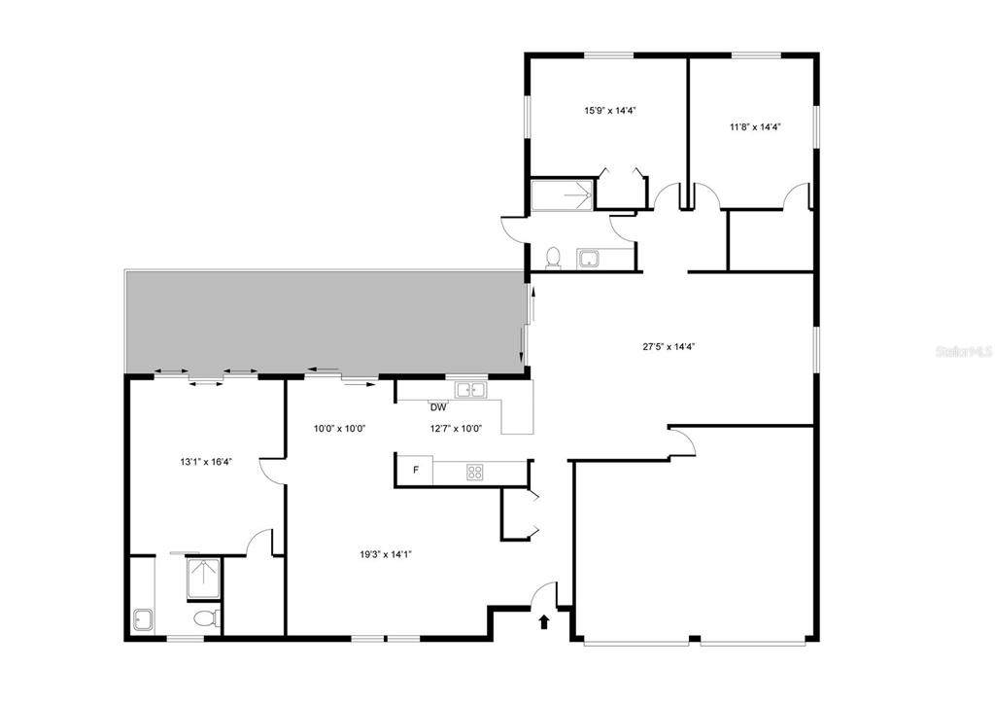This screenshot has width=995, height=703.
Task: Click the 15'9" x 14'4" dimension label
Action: (x=610, y=111)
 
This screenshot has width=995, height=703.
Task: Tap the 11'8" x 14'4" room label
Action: (x=754, y=127)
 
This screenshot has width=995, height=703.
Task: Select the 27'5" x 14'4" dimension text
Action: (x=669, y=347)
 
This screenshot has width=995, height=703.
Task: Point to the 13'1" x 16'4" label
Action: (x=206, y=462)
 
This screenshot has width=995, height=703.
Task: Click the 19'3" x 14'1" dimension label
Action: (x=386, y=554)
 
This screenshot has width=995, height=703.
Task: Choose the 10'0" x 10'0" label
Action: (x=339, y=429)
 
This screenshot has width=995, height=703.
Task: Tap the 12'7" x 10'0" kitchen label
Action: (x=457, y=429)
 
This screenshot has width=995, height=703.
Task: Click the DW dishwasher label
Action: (x=438, y=407)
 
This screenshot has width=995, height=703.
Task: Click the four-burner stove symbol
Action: (x=474, y=472)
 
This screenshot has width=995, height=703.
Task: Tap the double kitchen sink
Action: (x=470, y=389)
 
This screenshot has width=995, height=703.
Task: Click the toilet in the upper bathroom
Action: (x=553, y=259)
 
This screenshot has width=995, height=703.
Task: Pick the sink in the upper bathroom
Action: (x=587, y=259)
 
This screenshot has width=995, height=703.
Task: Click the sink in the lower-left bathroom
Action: (x=143, y=620)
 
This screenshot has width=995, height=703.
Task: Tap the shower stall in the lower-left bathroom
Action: (x=204, y=579)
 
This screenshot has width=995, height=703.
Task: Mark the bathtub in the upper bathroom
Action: (x=562, y=195)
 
